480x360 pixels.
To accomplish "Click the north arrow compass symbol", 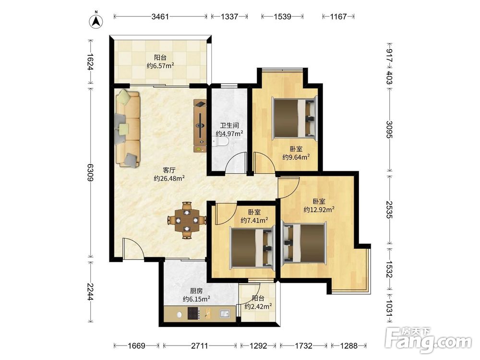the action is click(96, 21).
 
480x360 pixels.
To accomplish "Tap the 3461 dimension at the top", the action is click(160, 16).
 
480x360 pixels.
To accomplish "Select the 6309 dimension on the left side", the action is click(90, 172).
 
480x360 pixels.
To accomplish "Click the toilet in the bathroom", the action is click(220, 142).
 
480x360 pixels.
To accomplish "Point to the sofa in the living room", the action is click(128, 128).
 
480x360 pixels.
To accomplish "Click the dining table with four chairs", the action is click(187, 220).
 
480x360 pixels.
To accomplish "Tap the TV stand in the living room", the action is click(200, 125).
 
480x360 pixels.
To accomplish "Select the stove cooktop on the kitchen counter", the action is click(193, 313).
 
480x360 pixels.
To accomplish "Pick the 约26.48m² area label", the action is click(169, 178).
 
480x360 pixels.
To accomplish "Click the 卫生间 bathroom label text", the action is click(229, 125).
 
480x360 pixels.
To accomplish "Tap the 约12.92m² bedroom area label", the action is click(319, 209).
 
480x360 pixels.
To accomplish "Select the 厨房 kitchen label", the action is click(196, 291).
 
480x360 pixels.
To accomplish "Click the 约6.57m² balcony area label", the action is click(160, 65).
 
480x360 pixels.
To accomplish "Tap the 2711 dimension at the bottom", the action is click(200, 346).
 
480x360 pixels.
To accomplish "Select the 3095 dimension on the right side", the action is click(389, 130).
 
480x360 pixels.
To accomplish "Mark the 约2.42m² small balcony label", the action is click(258, 306).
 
